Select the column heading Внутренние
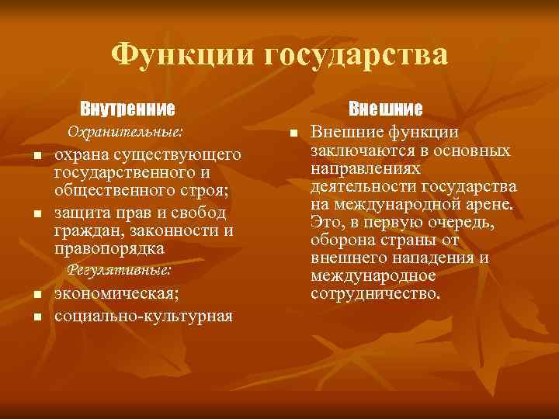[x=127, y=107]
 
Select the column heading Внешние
[x=385, y=107]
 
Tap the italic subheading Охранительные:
[x=127, y=130]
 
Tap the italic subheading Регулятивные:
[x=120, y=270]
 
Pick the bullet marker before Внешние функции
[x=293, y=135]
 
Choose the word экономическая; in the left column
[x=116, y=293]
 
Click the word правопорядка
[x=109, y=249]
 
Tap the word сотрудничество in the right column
[x=374, y=294]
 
